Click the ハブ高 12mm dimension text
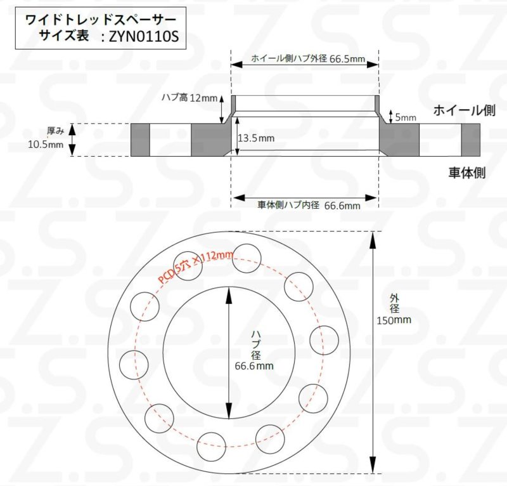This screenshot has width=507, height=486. pyautogui.click(x=189, y=98)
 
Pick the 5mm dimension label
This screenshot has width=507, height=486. pyautogui.click(x=406, y=117)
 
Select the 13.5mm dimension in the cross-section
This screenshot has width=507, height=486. pyautogui.click(x=256, y=138)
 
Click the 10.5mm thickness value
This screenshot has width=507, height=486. pyautogui.click(x=46, y=145)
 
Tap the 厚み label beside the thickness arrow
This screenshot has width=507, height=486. pyautogui.click(x=56, y=131)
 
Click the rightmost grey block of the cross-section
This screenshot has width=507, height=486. pyautogui.click(x=471, y=140)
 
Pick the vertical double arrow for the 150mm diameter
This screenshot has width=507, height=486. pyautogui.click(x=372, y=352)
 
